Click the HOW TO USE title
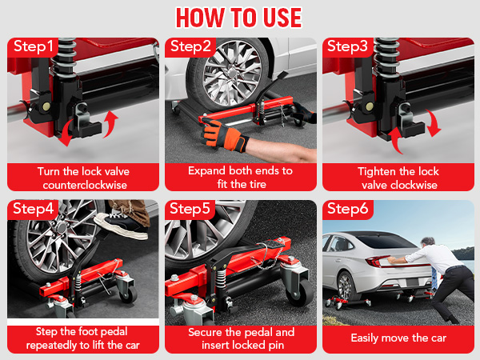238,18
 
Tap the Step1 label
33,46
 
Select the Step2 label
190,46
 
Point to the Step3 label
347,46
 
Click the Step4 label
33,209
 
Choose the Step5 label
190,209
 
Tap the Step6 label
347,209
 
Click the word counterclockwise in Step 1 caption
85,186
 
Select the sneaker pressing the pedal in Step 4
121,225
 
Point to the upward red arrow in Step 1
110,124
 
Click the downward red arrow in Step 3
433,123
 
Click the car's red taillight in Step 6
376,262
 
